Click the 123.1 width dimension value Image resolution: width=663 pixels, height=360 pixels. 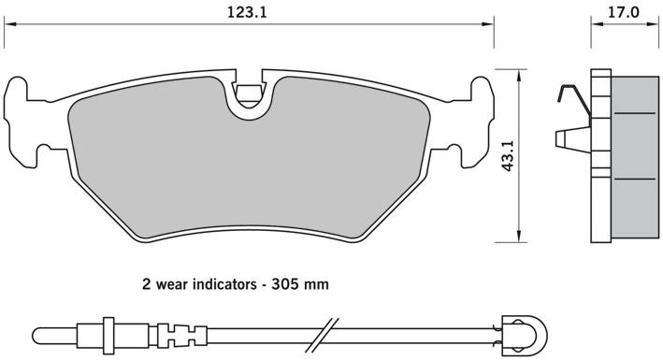(x=247, y=12)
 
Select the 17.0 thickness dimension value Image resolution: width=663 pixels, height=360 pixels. (x=623, y=12)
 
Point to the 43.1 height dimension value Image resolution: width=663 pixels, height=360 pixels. (x=508, y=155)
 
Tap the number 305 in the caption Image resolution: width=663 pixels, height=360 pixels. (x=283, y=284)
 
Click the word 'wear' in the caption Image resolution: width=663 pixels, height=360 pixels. (x=172, y=284)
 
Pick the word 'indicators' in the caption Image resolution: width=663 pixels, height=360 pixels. (x=224, y=284)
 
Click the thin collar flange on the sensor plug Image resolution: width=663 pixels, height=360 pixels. (x=108, y=337)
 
